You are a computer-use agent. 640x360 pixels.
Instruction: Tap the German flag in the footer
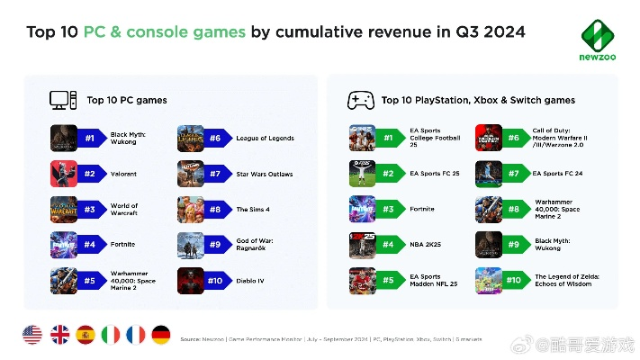161,335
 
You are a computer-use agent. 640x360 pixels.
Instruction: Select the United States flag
32,335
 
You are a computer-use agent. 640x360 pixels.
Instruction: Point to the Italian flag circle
110,335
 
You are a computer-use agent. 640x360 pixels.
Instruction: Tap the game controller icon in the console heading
361,99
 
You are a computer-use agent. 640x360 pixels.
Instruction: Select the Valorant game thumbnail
64,174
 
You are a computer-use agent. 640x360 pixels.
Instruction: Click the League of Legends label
265,139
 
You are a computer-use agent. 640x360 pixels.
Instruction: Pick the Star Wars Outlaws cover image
191,174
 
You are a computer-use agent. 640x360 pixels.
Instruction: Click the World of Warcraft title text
124,210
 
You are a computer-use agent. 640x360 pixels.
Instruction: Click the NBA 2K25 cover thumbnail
362,245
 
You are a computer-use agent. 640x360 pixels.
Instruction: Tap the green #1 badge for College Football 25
389,139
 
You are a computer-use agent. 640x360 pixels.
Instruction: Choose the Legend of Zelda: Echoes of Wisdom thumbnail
489,281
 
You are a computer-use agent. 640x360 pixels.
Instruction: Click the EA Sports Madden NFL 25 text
435,281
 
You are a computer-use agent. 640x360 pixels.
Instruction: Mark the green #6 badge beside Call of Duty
515,139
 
